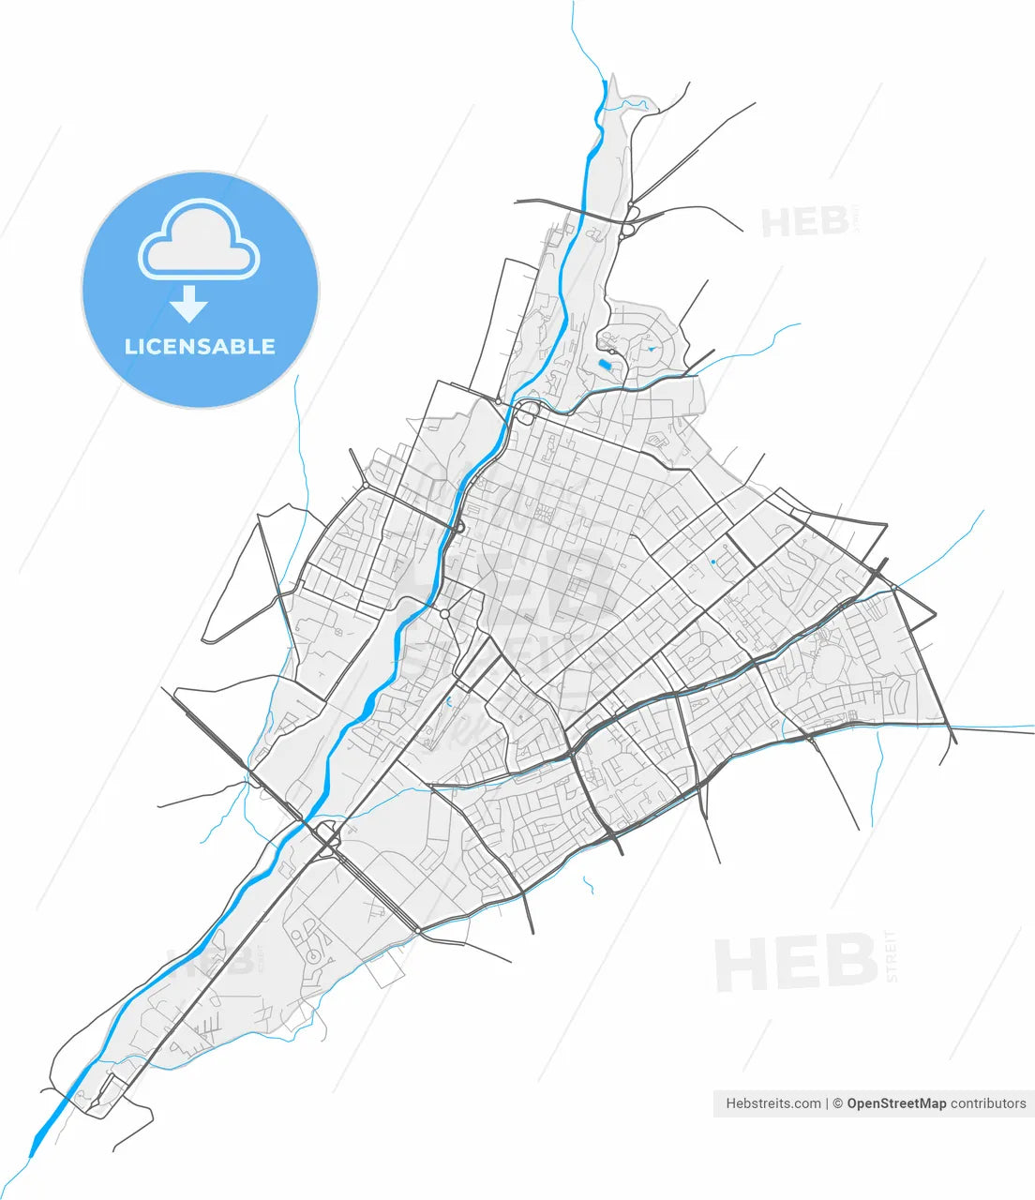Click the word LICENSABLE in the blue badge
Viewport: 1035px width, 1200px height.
pyautogui.click(x=200, y=346)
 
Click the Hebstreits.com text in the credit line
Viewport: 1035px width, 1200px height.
pyautogui.click(x=773, y=1103)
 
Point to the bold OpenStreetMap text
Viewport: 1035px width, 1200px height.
pyautogui.click(x=896, y=1103)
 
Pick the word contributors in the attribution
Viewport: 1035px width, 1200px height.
pyautogui.click(x=988, y=1103)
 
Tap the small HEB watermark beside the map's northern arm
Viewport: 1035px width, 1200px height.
pyautogui.click(x=804, y=223)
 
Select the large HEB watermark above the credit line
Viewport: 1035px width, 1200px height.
pyautogui.click(x=797, y=963)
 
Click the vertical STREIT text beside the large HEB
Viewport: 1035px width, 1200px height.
pyautogui.click(x=892, y=955)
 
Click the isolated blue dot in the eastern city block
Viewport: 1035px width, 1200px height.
pyautogui.click(x=713, y=562)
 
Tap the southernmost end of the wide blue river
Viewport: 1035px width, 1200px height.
pyautogui.click(x=36, y=1148)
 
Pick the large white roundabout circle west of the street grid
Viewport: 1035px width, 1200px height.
pyautogui.click(x=444, y=614)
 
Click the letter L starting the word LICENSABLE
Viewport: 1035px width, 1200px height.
pyautogui.click(x=130, y=346)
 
